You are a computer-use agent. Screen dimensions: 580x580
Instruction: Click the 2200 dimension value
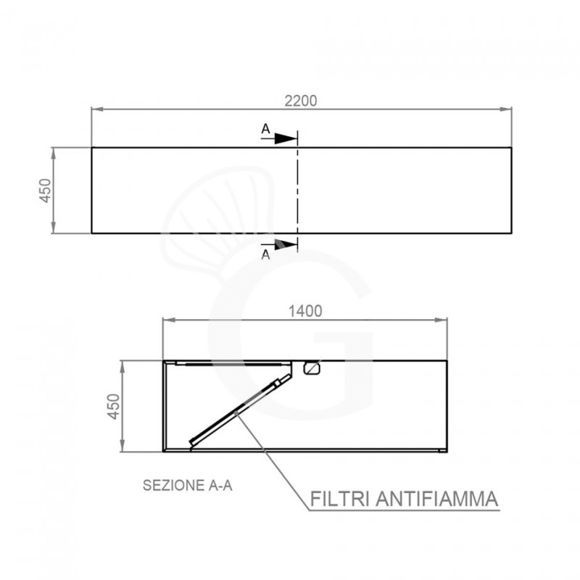301,101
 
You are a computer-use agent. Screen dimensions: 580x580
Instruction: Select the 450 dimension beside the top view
45,190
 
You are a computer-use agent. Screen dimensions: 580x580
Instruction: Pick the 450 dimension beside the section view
113,406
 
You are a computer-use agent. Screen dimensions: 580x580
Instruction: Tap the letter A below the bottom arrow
266,254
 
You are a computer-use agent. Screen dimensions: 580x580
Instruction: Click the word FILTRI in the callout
341,500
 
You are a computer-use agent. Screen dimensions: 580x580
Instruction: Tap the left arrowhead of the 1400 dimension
167,320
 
